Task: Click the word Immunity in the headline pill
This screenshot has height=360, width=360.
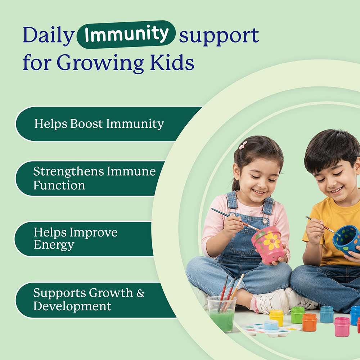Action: [126, 34]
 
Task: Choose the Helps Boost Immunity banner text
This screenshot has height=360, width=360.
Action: [99, 124]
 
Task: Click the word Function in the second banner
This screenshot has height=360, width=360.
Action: [59, 185]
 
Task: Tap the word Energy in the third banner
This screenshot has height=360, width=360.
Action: [54, 245]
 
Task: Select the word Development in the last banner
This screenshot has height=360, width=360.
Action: [72, 306]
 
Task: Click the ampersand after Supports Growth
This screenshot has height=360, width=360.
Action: [140, 293]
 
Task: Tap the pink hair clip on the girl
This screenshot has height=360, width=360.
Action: [243, 145]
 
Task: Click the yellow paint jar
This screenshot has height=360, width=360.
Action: [276, 318]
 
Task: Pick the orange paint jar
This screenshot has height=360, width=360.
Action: [310, 322]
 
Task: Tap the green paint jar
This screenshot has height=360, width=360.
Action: [298, 315]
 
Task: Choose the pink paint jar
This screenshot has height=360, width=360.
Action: [342, 327]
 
